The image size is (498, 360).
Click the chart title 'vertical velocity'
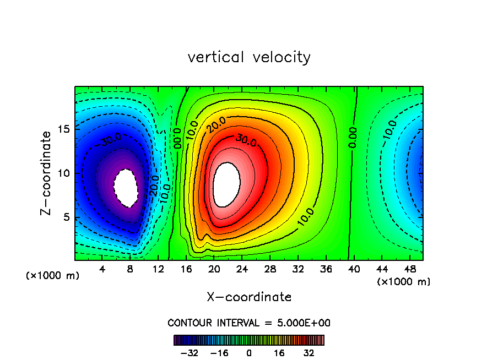249,57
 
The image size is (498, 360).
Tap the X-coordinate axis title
249,297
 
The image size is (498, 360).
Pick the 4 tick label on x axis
102,269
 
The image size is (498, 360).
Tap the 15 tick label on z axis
64,129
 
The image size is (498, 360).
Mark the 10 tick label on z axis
64,173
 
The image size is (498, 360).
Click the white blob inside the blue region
126,187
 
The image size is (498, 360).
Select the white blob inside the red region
226,184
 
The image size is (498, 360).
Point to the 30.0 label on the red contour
246,140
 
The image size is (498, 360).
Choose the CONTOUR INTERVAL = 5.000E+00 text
249,323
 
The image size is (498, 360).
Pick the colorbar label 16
280,353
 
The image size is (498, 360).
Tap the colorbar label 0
249,353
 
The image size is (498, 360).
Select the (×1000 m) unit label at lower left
52,275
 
